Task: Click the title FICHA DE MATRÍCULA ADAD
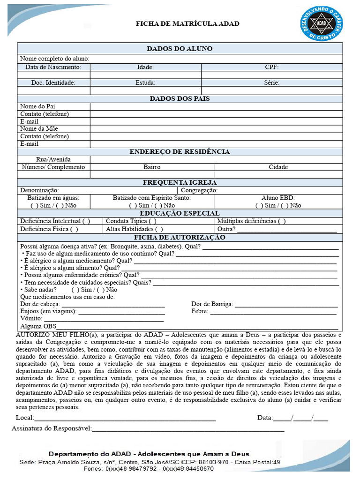tap(187, 23)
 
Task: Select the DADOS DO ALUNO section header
tap(180, 48)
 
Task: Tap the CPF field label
tap(272, 67)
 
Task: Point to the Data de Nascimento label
tap(53, 67)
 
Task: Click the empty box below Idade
tap(145, 75)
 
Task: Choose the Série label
tap(272, 82)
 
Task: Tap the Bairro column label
tap(152, 167)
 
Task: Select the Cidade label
tap(278, 167)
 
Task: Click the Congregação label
tap(199, 190)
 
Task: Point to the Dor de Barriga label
tap(212, 304)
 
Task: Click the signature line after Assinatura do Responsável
tap(187, 429)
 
